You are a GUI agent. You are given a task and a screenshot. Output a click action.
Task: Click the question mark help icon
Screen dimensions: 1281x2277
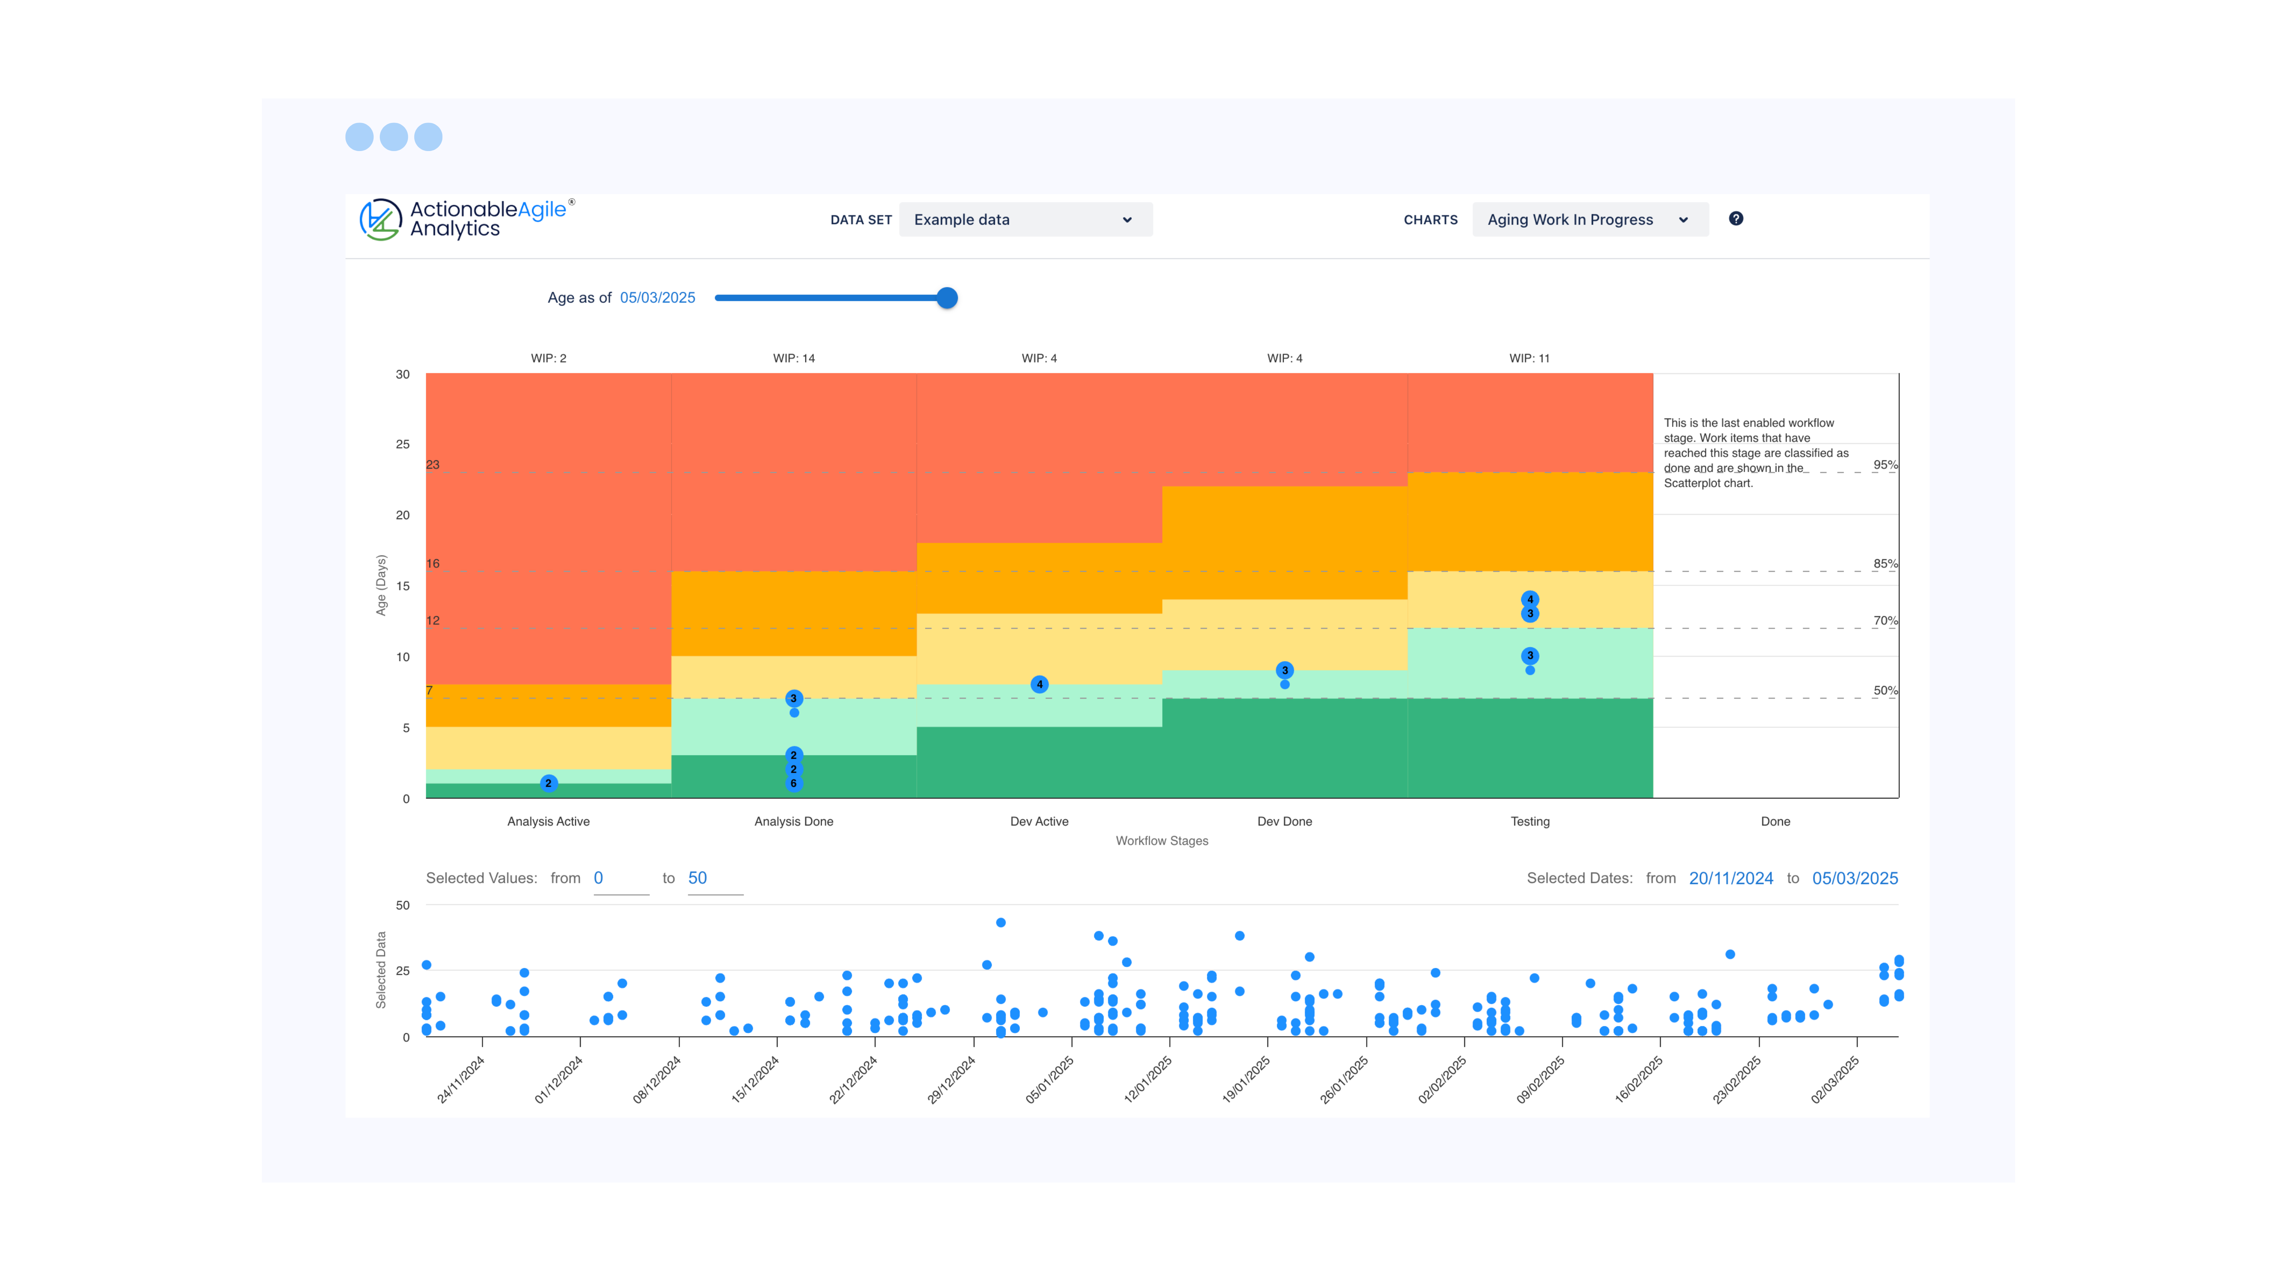1735,218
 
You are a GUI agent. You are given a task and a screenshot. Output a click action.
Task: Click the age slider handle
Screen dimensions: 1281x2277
947,298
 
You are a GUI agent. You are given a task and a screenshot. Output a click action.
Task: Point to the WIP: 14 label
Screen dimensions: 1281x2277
793,358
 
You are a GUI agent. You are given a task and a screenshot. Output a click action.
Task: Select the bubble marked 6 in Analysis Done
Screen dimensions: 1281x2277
793,783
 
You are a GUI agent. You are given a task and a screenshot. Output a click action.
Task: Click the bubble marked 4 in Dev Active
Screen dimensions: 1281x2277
1040,684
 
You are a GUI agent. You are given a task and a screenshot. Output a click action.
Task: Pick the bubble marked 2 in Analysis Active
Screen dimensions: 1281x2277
548,783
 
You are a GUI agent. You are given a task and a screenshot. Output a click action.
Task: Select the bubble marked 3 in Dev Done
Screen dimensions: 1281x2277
1284,670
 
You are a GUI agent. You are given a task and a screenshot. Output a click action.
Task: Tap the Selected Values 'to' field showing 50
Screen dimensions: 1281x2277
714,878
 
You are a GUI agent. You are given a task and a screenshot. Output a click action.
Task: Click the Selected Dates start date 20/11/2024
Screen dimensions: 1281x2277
1730,878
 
